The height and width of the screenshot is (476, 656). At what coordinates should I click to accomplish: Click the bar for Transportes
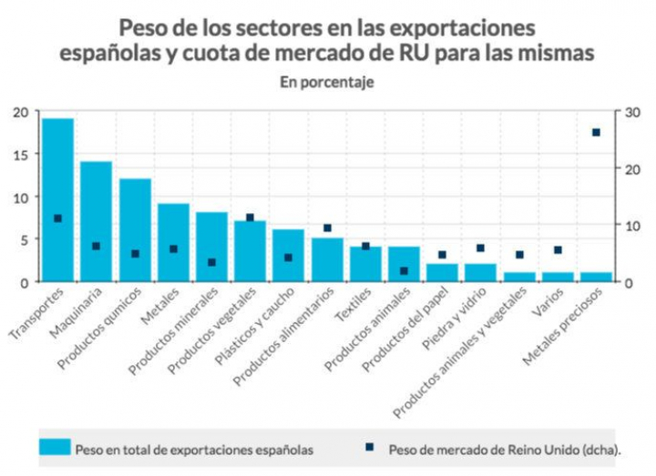(57, 200)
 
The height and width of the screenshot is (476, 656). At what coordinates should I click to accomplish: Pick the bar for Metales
(173, 242)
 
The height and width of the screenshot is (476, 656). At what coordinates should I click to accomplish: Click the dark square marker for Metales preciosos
(597, 133)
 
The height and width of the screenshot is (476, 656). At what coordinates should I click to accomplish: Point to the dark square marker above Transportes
(57, 218)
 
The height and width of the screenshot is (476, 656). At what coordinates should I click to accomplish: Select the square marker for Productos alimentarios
(327, 228)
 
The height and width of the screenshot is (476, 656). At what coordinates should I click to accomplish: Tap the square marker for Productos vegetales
(250, 218)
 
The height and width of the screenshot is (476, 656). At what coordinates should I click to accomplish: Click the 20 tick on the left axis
(20, 112)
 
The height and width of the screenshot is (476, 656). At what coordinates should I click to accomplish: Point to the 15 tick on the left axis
(20, 154)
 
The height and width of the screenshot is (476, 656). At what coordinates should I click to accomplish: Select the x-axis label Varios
(550, 301)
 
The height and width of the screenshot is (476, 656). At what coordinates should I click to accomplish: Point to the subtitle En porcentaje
(327, 82)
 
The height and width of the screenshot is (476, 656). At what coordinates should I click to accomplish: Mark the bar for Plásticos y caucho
(289, 255)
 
